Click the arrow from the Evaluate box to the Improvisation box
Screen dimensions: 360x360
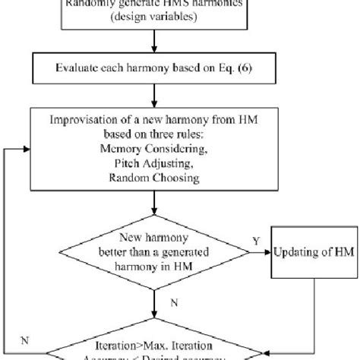tap(156, 99)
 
